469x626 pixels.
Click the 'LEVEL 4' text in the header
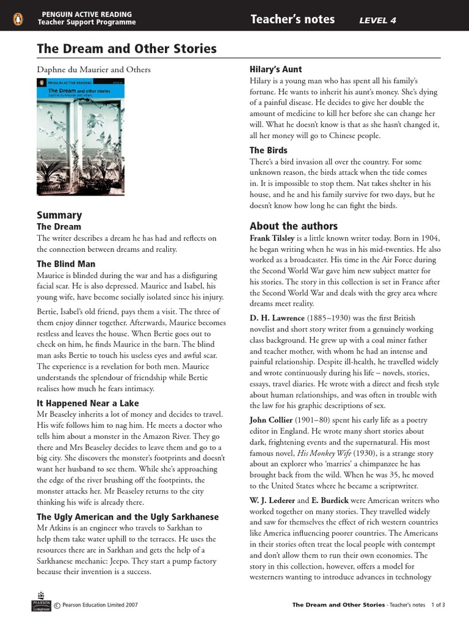377,20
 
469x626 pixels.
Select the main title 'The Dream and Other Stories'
126,49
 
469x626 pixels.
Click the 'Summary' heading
59,215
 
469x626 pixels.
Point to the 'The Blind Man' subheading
66,263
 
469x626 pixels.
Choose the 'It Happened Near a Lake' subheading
88,403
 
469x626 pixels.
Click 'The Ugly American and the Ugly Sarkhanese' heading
127,517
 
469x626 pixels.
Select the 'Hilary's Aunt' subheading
276,69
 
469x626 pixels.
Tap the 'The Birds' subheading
268,150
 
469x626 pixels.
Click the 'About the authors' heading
293,226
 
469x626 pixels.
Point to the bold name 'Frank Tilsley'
272,238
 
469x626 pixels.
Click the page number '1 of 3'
437,605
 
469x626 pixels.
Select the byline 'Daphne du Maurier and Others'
93,69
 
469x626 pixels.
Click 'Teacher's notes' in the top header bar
293,20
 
